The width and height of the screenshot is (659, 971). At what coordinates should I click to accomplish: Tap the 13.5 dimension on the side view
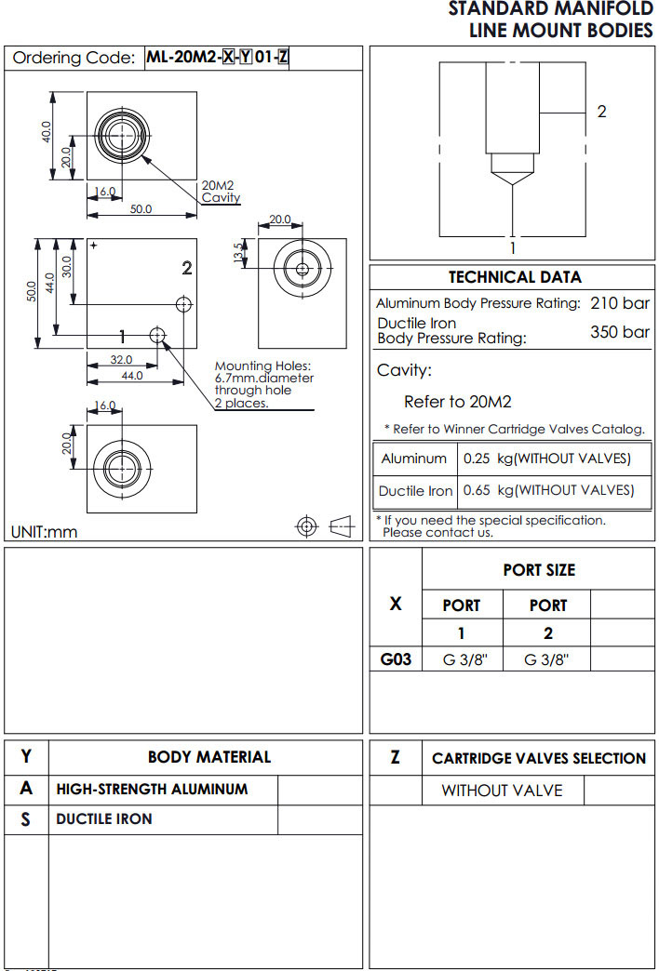(238, 252)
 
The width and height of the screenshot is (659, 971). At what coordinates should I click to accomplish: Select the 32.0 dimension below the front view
(121, 360)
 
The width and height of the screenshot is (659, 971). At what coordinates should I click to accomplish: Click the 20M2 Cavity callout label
(221, 192)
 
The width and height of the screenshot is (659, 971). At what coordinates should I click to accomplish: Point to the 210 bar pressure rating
(620, 303)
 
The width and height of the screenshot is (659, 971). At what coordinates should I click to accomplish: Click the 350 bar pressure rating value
(620, 332)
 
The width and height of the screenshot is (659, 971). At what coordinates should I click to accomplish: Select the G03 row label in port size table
(396, 659)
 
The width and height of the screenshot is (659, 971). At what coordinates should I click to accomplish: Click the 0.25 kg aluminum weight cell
(546, 459)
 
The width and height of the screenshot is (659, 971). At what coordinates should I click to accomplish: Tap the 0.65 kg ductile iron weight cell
(548, 490)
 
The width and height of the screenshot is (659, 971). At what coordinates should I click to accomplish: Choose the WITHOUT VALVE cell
(502, 791)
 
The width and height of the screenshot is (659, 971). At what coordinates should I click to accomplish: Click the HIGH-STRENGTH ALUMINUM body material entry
(152, 789)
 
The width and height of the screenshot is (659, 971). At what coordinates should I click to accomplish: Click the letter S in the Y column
(26, 819)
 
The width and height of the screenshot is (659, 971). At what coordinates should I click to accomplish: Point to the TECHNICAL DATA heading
(515, 277)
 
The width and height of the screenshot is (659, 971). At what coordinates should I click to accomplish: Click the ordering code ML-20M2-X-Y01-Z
(217, 58)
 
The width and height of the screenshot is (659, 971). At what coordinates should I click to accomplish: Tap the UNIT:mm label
(44, 532)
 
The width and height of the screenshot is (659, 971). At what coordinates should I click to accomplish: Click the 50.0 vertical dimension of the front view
(33, 291)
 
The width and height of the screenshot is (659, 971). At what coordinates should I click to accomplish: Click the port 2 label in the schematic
(601, 112)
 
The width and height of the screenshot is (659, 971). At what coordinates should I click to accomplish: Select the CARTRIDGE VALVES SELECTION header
(539, 758)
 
